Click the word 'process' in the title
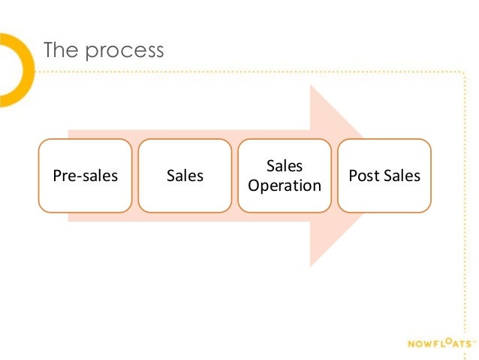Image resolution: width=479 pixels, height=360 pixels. point(124,52)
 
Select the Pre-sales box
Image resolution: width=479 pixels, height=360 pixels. point(86,175)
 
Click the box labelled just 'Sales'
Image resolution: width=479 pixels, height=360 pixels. point(185,175)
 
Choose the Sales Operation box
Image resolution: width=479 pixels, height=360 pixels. point(285,175)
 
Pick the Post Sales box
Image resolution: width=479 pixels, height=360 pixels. point(384,175)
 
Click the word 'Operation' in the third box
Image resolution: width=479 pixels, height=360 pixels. point(285,185)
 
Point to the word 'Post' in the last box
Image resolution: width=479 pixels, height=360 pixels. point(364,176)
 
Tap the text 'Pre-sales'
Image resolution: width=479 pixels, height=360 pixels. point(86,176)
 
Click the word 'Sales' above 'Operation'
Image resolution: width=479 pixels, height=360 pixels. point(285,165)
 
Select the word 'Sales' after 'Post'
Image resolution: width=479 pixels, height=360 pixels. point(402,176)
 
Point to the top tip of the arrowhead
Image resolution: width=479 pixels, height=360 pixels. point(311,86)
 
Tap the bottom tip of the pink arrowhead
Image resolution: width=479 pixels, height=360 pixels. point(311,265)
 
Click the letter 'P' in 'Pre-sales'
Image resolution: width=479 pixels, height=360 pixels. point(56,176)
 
